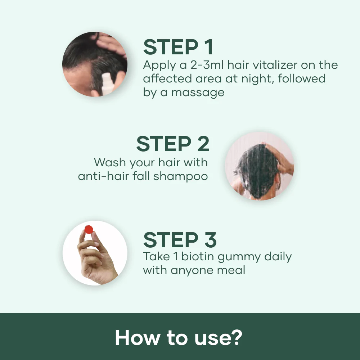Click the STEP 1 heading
point(178,47)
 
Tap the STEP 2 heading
point(172,144)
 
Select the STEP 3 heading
point(180,240)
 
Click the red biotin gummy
point(89,229)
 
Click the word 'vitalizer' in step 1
point(264,65)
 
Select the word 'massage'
point(198,92)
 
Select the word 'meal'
point(231,270)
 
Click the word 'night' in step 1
point(255,78)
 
